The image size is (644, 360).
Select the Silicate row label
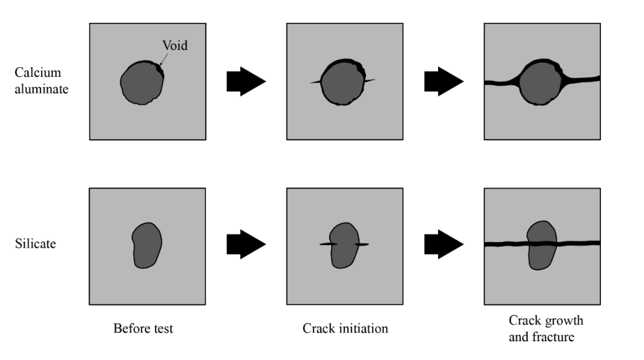36,244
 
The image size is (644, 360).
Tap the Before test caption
143,328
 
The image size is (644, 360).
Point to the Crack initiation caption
345,328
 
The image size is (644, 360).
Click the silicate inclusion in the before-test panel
146,245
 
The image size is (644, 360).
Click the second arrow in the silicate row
443,245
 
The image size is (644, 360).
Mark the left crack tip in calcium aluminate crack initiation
312,82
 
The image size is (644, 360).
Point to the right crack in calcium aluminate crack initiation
370,81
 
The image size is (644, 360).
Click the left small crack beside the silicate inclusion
327,244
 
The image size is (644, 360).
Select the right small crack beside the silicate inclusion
362,245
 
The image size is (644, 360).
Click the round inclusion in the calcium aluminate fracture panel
541,82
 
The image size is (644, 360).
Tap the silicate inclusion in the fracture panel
541,245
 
